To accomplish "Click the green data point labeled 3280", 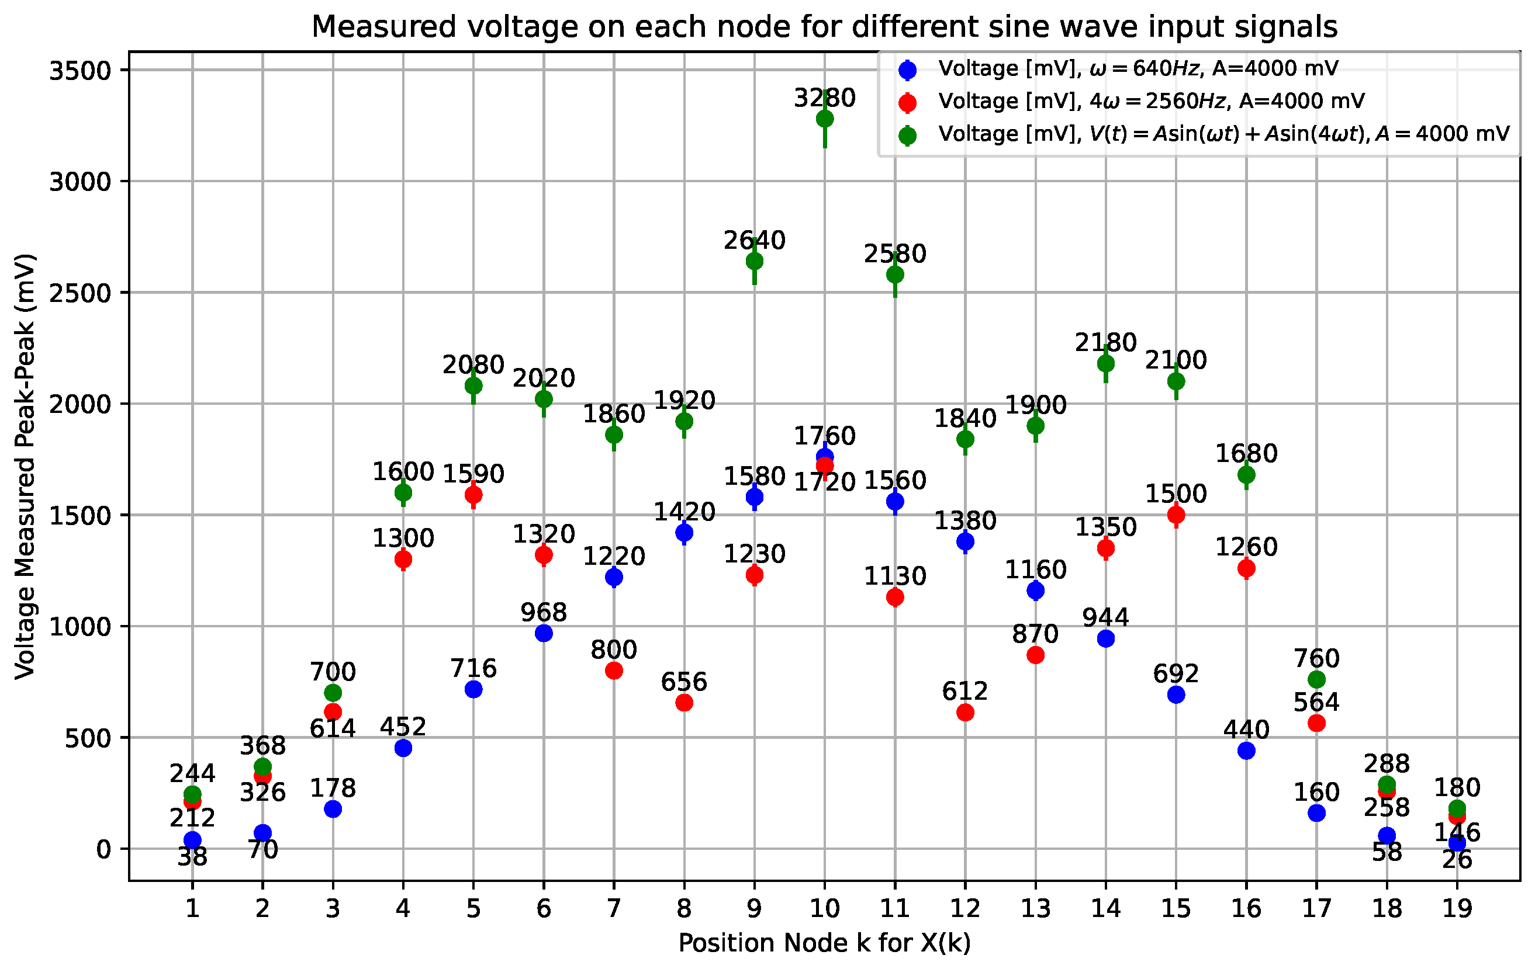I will [x=825, y=119].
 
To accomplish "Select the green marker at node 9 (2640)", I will [x=755, y=261].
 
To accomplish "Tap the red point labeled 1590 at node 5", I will [x=473, y=494].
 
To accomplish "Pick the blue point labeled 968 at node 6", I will [x=544, y=633].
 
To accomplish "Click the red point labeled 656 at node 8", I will [x=684, y=703].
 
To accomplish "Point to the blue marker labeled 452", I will [x=403, y=748].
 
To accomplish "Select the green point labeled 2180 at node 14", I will [x=1106, y=364].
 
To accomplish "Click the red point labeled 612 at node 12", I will [x=965, y=712].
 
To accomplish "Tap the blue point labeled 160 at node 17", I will [x=1316, y=813].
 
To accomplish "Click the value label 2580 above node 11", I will [x=895, y=254].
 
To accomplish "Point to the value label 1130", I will [x=895, y=576].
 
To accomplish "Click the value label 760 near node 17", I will [x=1316, y=658].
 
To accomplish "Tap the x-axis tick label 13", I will [x=1035, y=908].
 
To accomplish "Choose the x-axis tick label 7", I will [x=614, y=908].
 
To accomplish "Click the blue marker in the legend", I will [x=907, y=70].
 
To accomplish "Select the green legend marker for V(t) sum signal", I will [x=907, y=136].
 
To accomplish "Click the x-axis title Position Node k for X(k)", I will [x=824, y=943].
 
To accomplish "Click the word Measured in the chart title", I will [x=383, y=27].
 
